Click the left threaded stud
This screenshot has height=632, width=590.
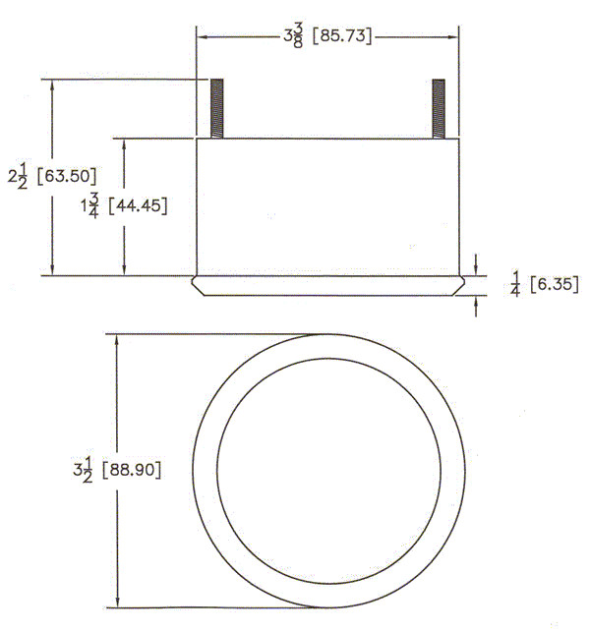point(216,108)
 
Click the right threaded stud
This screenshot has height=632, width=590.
point(439,108)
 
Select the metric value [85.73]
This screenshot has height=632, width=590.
point(342,36)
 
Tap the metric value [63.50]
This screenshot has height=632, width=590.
point(67,176)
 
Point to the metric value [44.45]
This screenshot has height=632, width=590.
point(138,206)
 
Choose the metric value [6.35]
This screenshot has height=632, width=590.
point(554,284)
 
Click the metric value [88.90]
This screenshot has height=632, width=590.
point(132,470)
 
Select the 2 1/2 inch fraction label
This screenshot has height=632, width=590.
point(18,177)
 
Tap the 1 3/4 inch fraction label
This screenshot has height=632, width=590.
point(89,205)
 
